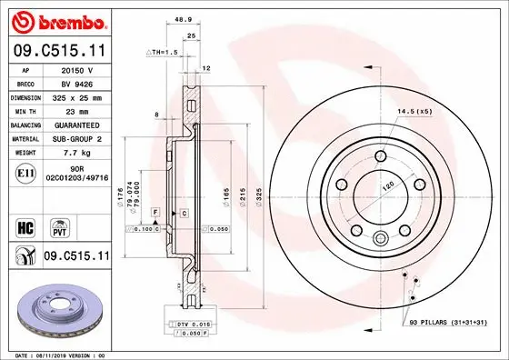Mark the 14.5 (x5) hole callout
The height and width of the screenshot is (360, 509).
point(413,112)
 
